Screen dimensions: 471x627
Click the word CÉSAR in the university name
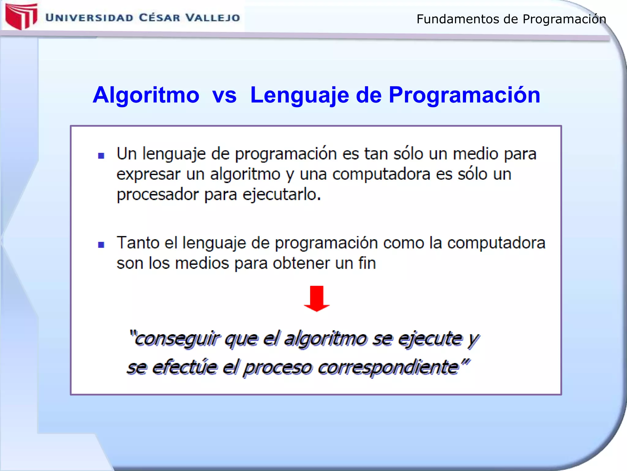point(160,18)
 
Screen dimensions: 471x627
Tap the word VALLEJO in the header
point(213,18)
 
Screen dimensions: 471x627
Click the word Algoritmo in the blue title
point(146,95)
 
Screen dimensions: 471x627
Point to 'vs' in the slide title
point(224,95)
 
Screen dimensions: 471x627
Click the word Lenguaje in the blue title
point(299,95)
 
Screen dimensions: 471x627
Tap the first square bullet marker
point(101,156)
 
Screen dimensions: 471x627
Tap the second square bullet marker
point(101,245)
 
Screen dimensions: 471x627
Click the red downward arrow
point(317,298)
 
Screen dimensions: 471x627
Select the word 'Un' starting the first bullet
point(126,154)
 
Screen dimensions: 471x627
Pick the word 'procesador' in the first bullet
point(158,195)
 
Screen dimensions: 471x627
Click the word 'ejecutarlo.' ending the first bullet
point(282,195)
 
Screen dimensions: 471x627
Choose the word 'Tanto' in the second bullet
point(138,243)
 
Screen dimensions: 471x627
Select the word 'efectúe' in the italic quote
point(185,367)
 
